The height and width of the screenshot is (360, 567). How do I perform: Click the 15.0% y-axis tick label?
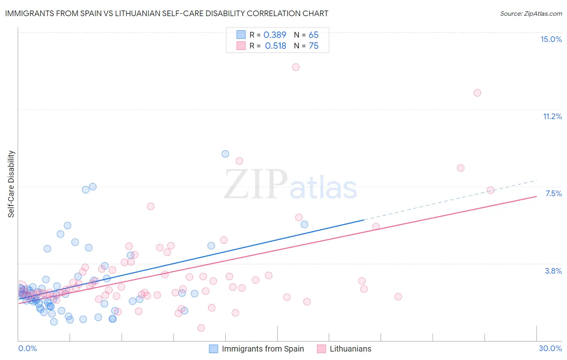[551, 39]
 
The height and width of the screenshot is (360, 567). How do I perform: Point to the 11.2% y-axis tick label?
[552, 116]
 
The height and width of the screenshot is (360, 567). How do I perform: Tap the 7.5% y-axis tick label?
[553, 193]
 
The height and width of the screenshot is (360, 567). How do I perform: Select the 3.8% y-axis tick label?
[553, 271]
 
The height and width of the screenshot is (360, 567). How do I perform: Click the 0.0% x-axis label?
[27, 348]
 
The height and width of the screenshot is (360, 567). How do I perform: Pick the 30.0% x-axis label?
[550, 348]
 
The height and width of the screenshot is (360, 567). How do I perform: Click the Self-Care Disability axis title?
[11, 184]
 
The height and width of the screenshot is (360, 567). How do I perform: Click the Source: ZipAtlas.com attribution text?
[531, 14]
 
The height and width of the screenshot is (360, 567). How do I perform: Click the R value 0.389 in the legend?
[275, 35]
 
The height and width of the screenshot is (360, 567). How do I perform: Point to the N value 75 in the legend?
[313, 46]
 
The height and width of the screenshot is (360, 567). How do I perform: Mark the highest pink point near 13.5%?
[296, 67]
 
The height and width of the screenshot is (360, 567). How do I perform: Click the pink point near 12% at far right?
[477, 93]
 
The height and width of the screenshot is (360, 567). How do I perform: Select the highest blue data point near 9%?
[225, 154]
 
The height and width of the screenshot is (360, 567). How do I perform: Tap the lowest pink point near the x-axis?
[201, 328]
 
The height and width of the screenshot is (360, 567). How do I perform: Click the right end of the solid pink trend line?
[536, 197]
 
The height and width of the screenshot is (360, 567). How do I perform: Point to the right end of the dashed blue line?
[536, 180]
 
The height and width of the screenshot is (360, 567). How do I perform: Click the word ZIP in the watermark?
[256, 184]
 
